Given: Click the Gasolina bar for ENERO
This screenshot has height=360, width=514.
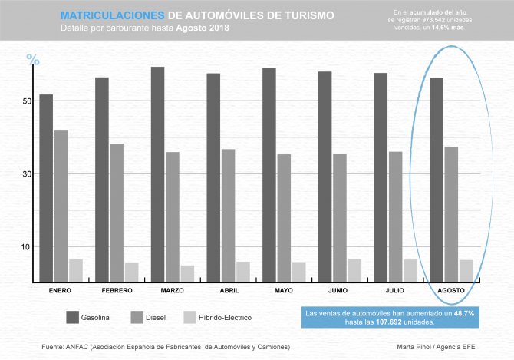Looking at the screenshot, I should [47, 188].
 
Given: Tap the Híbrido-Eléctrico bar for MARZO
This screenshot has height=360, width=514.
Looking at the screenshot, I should [166, 274].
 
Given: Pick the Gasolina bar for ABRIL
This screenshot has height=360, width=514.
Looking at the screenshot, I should [213, 177].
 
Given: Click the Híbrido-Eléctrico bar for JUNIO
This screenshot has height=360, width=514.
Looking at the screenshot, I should [354, 270].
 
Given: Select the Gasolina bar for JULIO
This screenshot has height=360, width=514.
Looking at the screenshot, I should [381, 177].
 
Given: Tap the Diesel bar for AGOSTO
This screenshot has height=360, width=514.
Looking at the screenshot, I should [451, 214].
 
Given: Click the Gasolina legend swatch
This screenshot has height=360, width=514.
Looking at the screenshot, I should [74, 317].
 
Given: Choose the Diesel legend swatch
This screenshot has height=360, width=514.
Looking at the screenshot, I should [139, 317].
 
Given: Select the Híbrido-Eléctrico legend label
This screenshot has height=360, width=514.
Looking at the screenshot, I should [225, 318].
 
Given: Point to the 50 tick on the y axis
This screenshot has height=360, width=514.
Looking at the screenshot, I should [27, 101].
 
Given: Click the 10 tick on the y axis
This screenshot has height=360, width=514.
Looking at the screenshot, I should [27, 246].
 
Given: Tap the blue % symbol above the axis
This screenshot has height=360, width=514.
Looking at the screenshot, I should [32, 59].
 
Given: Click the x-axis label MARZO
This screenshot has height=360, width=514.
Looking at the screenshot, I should [172, 291].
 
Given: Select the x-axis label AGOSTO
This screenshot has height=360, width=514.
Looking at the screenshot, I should [451, 291].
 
